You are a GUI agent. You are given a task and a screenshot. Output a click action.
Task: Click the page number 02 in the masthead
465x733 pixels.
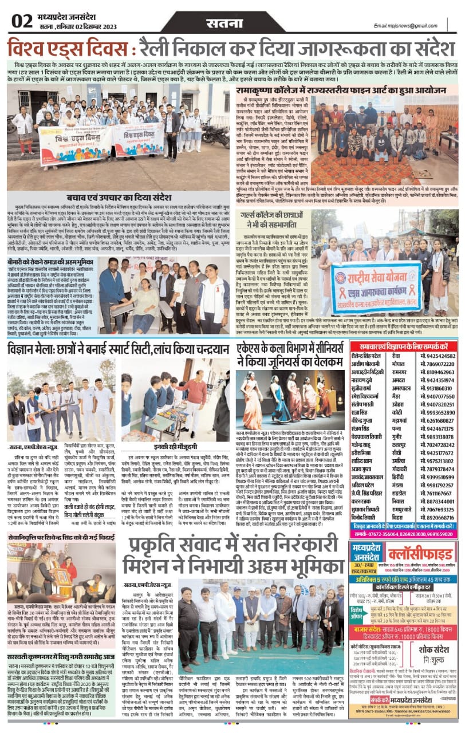click(22, 21)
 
